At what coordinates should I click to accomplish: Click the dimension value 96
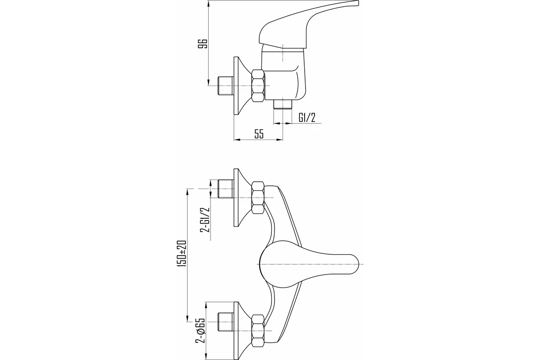tap(202, 43)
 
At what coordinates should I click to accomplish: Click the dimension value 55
tap(259, 134)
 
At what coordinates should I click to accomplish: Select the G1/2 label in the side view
tap(307, 118)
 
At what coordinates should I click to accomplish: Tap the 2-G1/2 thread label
tap(205, 220)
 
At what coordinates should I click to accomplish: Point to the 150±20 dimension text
tap(182, 253)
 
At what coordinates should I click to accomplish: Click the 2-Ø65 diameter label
tap(200, 330)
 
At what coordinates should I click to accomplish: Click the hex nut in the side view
tap(258, 86)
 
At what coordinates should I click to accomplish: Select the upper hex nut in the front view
tap(258, 198)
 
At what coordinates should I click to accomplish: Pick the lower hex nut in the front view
tap(258, 331)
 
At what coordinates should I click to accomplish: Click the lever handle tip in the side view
tap(357, 2)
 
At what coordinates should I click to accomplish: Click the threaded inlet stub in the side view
tap(225, 86)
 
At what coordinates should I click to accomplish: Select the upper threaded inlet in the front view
tap(225, 189)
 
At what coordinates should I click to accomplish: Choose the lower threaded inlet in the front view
tap(225, 322)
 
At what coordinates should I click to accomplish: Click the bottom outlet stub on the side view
tap(283, 105)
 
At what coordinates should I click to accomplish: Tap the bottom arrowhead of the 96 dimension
tap(208, 82)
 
